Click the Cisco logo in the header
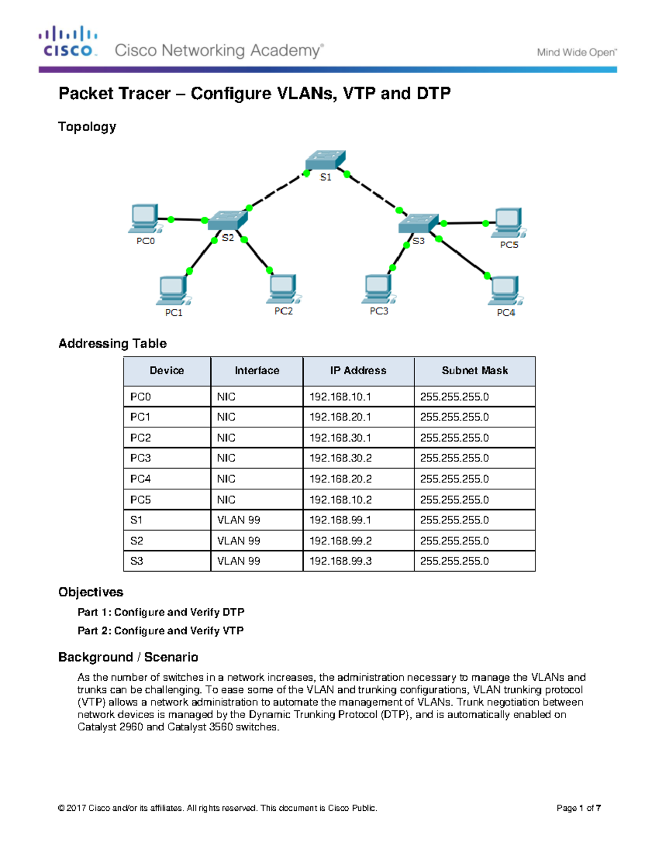68,42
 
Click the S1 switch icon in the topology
325,160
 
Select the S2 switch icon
227,220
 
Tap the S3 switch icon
418,223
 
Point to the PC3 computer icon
378,289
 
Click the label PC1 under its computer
174,313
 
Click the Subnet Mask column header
474,371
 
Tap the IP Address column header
358,371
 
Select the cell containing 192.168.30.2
340,458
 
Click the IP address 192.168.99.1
340,520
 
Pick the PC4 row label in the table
141,479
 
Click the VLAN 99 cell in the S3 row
238,561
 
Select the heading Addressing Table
113,343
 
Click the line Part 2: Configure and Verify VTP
160,631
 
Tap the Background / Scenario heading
128,657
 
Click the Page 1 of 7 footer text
578,808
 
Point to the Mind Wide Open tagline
577,53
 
